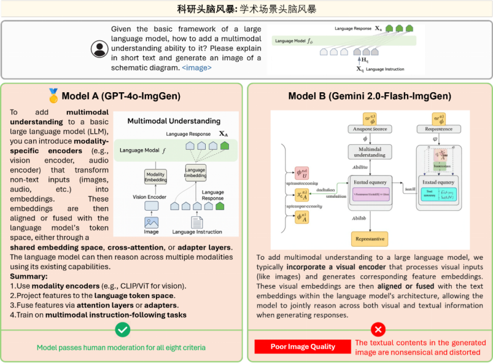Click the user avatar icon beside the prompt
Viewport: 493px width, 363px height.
tap(99, 49)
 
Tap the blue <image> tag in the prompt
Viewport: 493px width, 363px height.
tap(197, 68)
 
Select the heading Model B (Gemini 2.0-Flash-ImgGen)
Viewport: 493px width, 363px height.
tap(370, 96)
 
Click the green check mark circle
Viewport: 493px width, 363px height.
tap(123, 330)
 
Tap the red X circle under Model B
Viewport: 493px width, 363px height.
tap(370, 330)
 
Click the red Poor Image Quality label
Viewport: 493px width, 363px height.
tap(302, 347)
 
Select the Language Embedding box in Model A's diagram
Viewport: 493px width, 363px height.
tap(195, 173)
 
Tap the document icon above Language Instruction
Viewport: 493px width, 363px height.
tap(196, 222)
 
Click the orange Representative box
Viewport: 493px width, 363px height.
tap(370, 238)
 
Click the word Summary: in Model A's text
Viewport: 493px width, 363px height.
tap(26, 277)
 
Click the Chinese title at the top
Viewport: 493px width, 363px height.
tap(246, 9)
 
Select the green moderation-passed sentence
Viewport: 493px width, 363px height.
tap(121, 348)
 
